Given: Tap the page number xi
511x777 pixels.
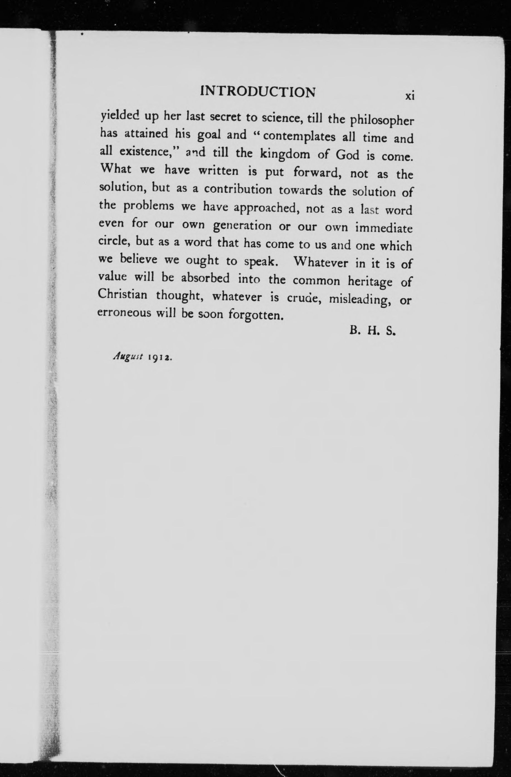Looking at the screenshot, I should pyautogui.click(x=410, y=96).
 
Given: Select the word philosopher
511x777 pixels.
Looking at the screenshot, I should pyautogui.click(x=381, y=121).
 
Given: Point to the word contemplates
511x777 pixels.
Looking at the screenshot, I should pyautogui.click(x=299, y=136).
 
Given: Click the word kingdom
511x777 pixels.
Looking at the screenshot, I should pyautogui.click(x=285, y=154).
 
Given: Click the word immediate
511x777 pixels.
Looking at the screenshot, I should pyautogui.click(x=384, y=228).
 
